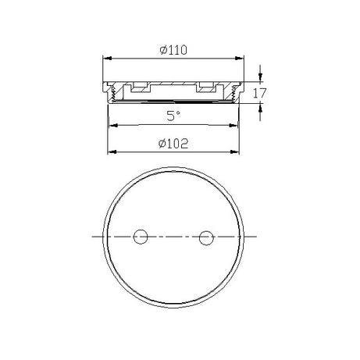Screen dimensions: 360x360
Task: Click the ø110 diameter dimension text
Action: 172,49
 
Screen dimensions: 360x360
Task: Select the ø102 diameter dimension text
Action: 172,142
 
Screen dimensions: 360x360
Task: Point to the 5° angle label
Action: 173,116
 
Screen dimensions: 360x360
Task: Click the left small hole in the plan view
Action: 141,235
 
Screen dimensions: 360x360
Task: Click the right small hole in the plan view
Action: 205,235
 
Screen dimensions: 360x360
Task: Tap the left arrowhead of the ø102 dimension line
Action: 110,151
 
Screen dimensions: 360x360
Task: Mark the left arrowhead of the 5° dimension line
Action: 112,126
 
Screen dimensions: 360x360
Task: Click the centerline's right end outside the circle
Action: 260,235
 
